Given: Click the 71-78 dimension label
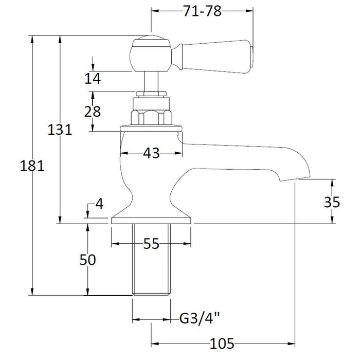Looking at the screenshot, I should click(x=202, y=12).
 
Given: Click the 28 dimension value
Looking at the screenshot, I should click(x=93, y=111).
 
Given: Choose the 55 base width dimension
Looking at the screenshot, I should click(x=151, y=245).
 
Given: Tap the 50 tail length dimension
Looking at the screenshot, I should click(x=87, y=260).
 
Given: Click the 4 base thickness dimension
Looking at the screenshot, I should click(x=99, y=204).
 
